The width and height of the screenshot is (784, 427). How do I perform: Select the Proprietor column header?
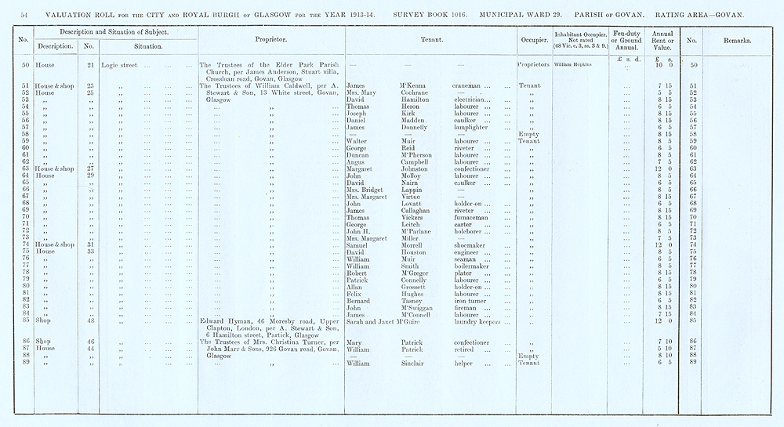tap(270, 38)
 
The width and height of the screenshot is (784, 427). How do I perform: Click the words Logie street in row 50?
tap(119, 64)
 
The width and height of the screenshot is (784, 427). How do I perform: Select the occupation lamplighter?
tap(474, 127)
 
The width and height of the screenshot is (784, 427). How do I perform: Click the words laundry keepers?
tap(480, 321)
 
